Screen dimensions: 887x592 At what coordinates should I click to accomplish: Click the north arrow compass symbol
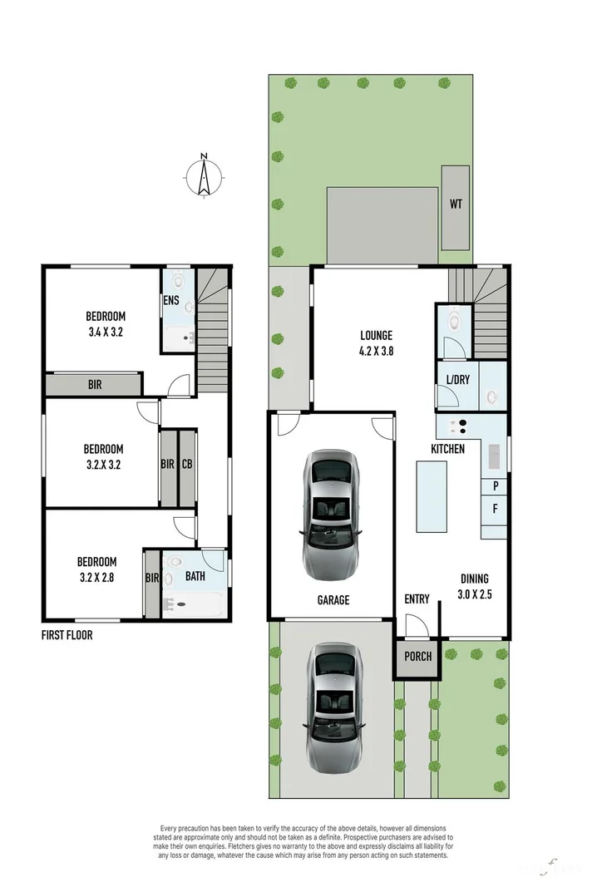204,175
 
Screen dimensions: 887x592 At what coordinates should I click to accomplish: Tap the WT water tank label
456,203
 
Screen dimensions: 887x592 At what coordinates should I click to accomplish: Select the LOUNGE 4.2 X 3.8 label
376,343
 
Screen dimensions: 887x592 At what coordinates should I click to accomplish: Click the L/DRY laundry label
457,380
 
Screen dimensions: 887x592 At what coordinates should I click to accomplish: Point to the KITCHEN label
447,449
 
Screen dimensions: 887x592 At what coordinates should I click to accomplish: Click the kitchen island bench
431,497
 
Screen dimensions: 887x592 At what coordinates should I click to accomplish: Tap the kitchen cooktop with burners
456,426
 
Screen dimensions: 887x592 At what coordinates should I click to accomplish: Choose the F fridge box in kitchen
495,508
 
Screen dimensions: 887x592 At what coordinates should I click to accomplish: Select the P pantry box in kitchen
495,485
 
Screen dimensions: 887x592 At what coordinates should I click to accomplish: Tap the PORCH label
417,656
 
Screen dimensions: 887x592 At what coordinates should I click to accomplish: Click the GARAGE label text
332,599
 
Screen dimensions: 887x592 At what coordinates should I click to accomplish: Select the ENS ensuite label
171,300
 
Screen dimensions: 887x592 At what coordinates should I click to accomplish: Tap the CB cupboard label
187,465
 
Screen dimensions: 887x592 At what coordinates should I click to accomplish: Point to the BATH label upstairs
195,575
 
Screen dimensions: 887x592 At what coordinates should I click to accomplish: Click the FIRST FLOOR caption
67,635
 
